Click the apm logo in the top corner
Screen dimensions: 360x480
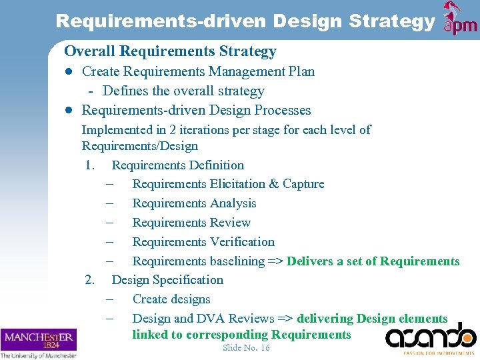460,18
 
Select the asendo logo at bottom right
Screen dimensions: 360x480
431,338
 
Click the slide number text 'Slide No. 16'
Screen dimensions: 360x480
246,348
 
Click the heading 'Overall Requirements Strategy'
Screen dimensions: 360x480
170,51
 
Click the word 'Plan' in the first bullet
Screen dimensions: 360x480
300,71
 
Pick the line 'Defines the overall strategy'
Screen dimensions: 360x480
183,91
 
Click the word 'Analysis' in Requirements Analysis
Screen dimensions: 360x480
233,203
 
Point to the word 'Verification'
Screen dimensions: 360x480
242,242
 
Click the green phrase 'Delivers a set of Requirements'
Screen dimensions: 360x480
373,261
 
